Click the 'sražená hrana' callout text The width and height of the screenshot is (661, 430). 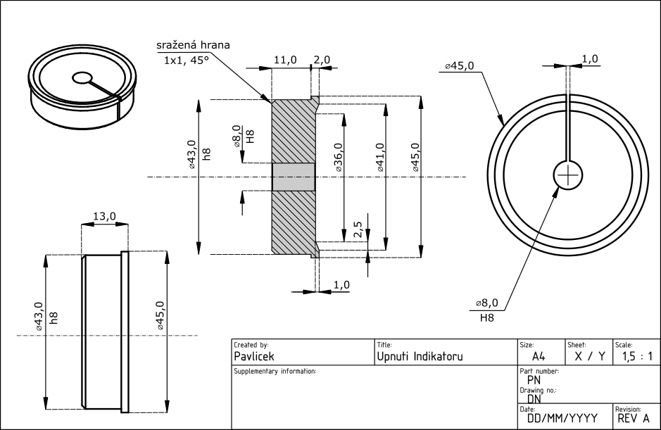pos(192,45)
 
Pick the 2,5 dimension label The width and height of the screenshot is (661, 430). pos(358,231)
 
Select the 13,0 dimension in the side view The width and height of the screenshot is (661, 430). pos(104,217)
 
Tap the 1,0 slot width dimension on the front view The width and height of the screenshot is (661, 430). pos(591,58)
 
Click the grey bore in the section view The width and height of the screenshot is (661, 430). pos(293,177)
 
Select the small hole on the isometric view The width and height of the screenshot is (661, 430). pos(82,77)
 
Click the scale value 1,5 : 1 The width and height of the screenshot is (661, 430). pos(637,357)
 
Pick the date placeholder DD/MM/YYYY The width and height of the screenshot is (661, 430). pos(562,417)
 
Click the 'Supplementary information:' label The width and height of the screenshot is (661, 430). pos(275,370)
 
